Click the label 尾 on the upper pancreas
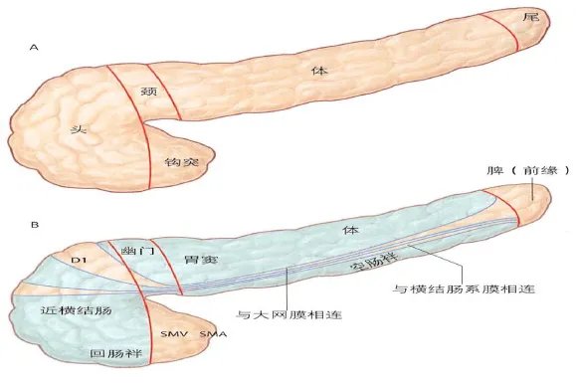531,17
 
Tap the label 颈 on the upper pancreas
149,91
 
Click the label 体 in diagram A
319,71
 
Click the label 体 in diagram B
350,230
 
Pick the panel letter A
34,48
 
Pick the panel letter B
35,224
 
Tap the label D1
79,261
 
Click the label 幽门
137,251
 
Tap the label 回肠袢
116,353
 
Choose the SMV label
174,334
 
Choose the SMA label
213,334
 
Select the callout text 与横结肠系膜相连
464,288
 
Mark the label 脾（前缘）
528,170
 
